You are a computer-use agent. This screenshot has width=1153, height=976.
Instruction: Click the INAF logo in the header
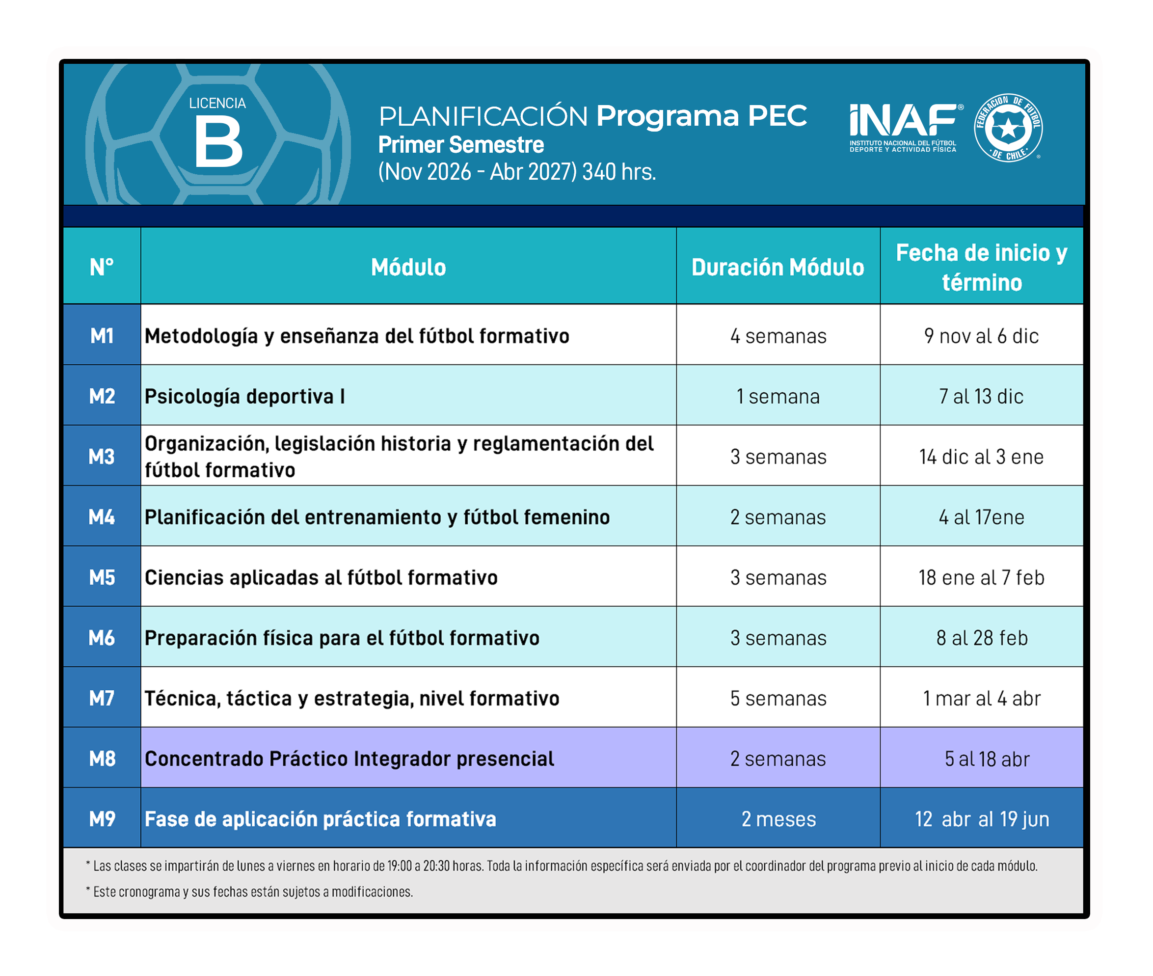click(x=906, y=128)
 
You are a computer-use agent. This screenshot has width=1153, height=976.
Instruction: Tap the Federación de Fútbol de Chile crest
click(x=1008, y=128)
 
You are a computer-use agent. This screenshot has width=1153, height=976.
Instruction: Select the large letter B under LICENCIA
click(x=218, y=143)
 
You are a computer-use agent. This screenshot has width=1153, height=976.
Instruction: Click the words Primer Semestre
click(x=461, y=145)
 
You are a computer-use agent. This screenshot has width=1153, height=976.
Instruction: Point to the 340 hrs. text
click(x=619, y=172)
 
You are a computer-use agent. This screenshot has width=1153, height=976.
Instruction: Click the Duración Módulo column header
click(x=778, y=267)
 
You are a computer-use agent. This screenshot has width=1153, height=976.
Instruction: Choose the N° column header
click(x=102, y=267)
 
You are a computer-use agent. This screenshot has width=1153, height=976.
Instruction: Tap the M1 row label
click(x=102, y=336)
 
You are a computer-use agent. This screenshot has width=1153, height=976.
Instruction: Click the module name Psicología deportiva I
click(x=244, y=397)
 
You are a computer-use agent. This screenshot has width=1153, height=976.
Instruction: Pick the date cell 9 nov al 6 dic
click(x=982, y=336)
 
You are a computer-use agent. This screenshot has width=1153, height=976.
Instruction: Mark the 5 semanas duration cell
click(x=778, y=698)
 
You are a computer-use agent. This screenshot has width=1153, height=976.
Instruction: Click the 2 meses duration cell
click(x=778, y=819)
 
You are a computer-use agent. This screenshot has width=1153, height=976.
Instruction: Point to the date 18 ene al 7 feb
click(x=982, y=578)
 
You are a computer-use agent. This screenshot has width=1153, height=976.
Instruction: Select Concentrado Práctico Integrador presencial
click(x=349, y=759)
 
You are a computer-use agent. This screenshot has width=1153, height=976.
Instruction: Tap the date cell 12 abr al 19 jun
click(x=982, y=819)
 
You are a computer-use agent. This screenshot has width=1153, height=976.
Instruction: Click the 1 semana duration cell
click(x=778, y=397)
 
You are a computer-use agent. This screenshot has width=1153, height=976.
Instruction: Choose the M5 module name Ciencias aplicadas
click(x=321, y=578)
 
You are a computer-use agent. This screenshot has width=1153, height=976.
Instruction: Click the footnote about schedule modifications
click(x=249, y=892)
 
